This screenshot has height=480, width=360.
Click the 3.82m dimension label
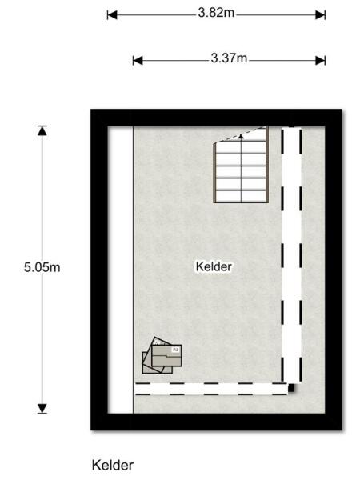point(216,14)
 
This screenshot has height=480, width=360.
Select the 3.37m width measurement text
point(229,60)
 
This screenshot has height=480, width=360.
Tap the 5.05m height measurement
point(42,267)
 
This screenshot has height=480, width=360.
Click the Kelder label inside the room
point(214,267)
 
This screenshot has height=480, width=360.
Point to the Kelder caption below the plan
point(113,465)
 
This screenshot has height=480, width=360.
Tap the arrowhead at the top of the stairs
point(241,136)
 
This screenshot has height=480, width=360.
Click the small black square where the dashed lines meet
point(292,390)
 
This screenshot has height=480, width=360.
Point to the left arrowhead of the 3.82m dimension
point(111,14)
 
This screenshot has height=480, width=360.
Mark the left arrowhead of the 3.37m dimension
point(137,60)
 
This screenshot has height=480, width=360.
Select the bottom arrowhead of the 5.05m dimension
point(42,409)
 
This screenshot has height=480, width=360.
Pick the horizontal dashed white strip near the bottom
point(212,389)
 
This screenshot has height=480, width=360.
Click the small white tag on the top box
point(176,349)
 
